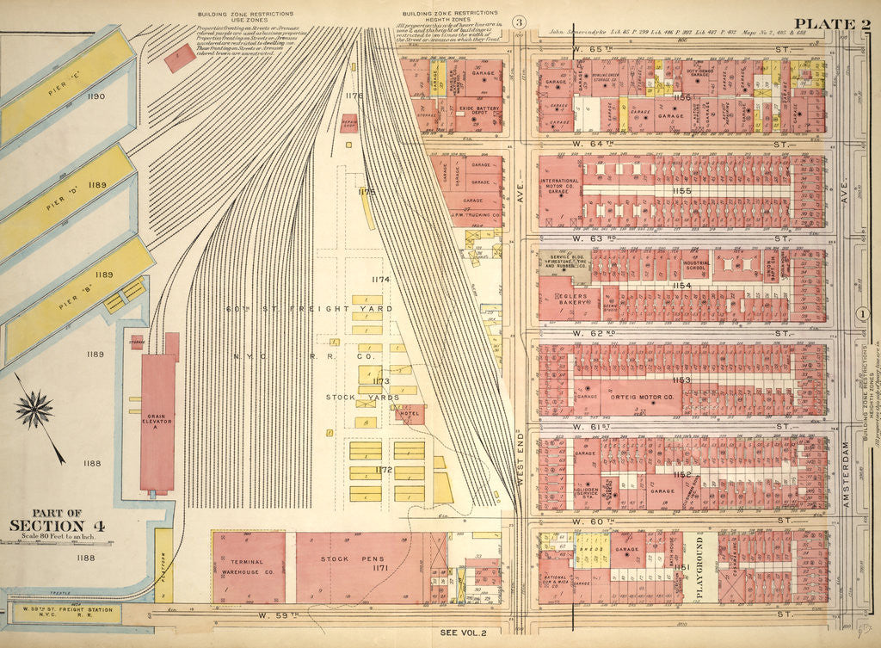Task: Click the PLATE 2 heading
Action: pyautogui.click(x=830, y=23)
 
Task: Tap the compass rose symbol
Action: pyautogui.click(x=34, y=410)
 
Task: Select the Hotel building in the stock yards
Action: pyautogui.click(x=410, y=415)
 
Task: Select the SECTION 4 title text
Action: pyautogui.click(x=58, y=526)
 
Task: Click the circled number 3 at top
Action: pyautogui.click(x=519, y=22)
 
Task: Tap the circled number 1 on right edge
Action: pyautogui.click(x=861, y=313)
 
